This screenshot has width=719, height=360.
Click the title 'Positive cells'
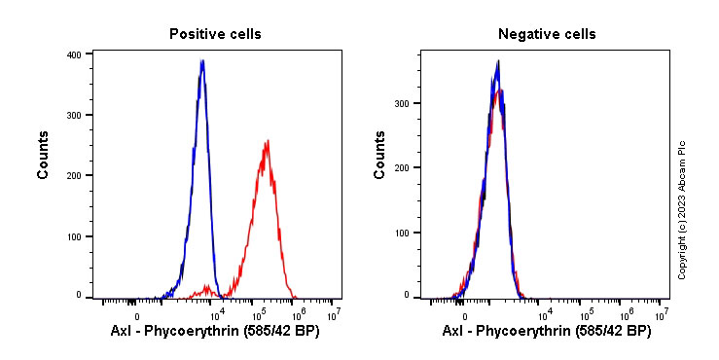coord(215,34)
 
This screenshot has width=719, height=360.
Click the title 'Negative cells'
coord(547,34)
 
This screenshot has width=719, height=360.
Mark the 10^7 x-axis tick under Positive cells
coord(334,314)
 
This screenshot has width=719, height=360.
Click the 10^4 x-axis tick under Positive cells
coord(218,314)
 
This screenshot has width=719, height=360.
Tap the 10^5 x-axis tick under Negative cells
coord(587,314)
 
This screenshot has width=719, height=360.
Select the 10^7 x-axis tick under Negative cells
coord(662,314)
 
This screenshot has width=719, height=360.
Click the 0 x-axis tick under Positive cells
coord(137,315)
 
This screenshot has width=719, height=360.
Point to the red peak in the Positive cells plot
coord(266,141)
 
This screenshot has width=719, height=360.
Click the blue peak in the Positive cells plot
coord(201,60)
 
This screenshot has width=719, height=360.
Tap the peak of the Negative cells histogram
coord(498,62)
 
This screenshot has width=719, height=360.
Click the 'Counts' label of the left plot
coord(44,156)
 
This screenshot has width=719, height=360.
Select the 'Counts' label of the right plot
coord(380,156)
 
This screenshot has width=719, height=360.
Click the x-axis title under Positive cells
coord(215,332)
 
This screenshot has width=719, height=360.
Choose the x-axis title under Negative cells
coord(547,332)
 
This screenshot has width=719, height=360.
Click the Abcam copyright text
coord(682,209)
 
